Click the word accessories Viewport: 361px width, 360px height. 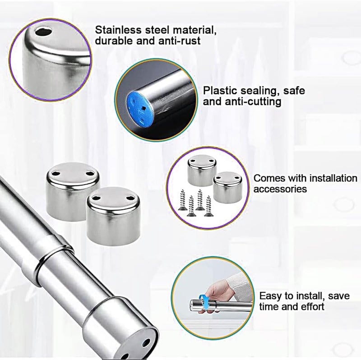280,189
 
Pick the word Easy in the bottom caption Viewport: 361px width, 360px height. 270,296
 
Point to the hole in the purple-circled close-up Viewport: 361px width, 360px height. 44,32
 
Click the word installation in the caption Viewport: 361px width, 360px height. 333,178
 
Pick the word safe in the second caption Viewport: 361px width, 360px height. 294,91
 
